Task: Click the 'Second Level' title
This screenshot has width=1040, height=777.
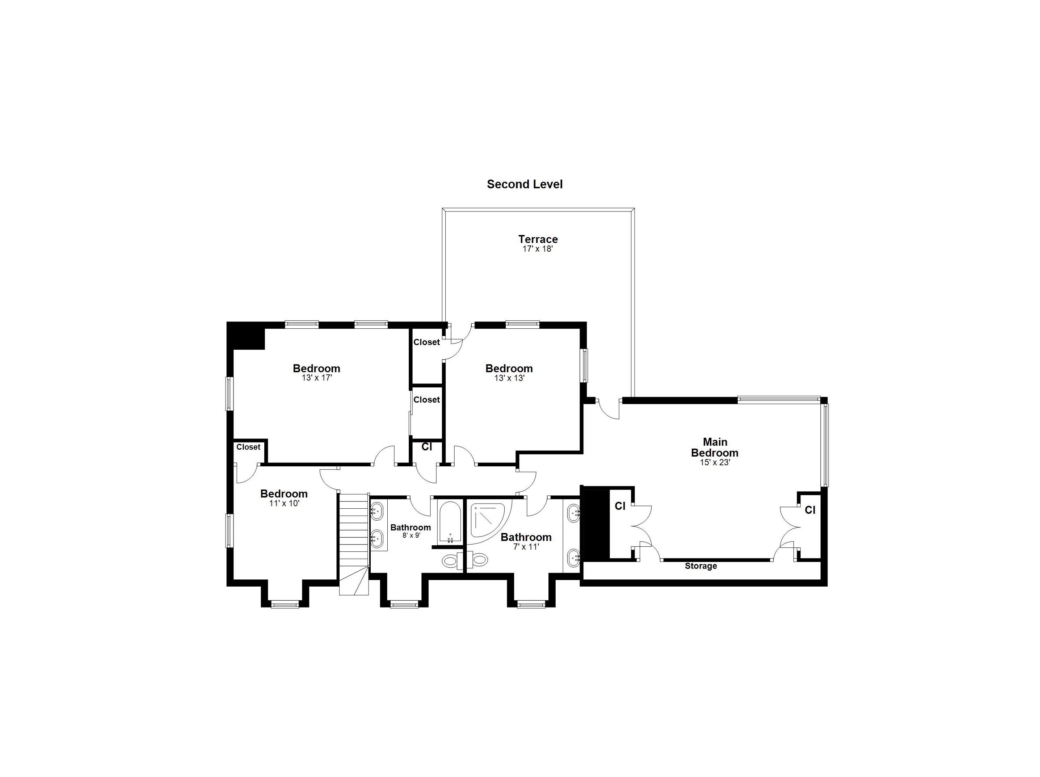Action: point(524,184)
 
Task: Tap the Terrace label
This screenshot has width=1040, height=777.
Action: point(538,239)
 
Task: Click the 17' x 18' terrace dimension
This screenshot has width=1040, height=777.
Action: point(538,249)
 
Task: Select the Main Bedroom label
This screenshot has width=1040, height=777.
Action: point(714,447)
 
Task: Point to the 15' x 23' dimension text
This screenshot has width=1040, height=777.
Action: point(714,462)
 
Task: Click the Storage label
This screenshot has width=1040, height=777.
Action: point(700,566)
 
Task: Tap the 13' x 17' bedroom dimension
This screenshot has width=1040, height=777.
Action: point(316,378)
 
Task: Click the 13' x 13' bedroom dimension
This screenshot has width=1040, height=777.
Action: point(509,378)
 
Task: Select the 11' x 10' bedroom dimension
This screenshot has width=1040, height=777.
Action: point(284,503)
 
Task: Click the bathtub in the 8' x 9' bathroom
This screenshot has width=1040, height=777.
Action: point(450,522)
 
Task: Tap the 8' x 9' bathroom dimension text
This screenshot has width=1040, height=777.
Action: point(411,535)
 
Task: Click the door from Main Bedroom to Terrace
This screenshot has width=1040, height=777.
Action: point(609,409)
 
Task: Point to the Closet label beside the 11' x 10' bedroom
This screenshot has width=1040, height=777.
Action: point(248,447)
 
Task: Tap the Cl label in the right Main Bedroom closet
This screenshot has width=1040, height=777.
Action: point(810,510)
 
